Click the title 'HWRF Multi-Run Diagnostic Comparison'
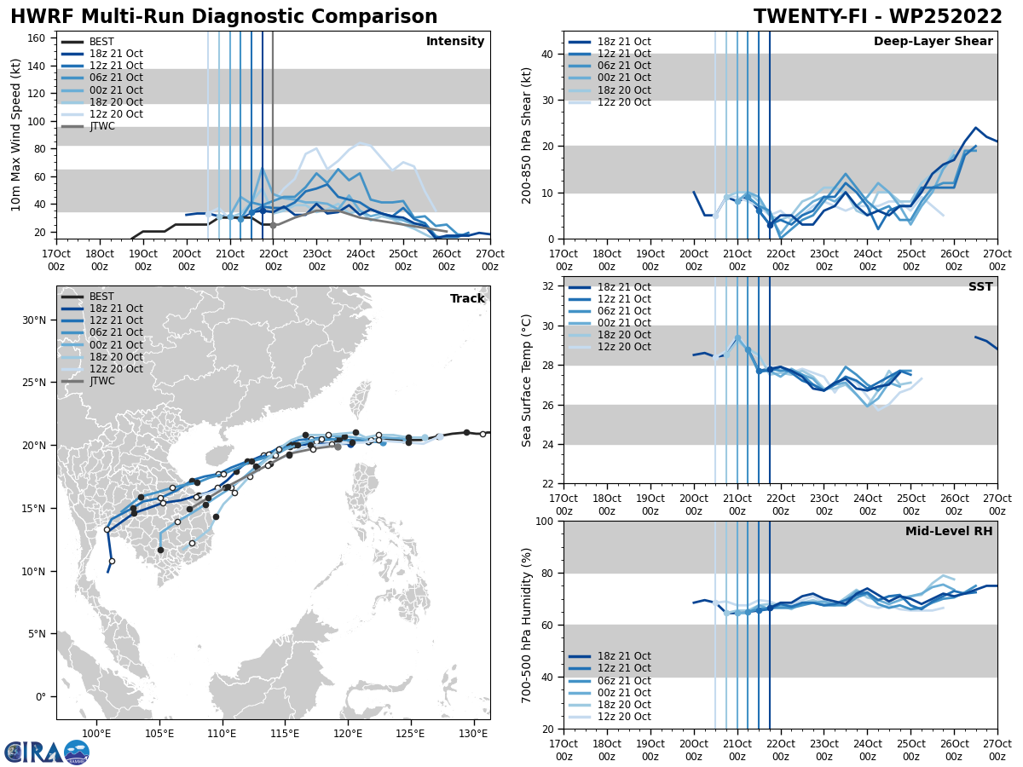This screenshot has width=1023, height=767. [223, 17]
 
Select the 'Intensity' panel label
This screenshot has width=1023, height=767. [455, 42]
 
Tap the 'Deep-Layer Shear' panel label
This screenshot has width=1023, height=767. [933, 42]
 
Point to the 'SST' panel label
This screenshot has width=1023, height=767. [980, 287]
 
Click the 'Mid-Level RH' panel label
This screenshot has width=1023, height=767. [949, 532]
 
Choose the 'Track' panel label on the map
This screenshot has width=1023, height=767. [467, 299]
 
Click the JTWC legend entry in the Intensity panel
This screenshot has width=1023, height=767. [101, 126]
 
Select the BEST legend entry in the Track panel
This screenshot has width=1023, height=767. [101, 297]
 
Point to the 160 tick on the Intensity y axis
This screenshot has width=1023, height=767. [38, 37]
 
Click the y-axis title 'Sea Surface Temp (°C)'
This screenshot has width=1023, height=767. [527, 380]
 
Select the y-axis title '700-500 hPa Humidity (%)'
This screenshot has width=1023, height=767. [527, 625]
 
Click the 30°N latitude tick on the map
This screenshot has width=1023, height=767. [35, 320]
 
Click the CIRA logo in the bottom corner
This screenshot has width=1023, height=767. [47, 752]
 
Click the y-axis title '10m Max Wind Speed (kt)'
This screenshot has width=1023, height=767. [16, 135]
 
